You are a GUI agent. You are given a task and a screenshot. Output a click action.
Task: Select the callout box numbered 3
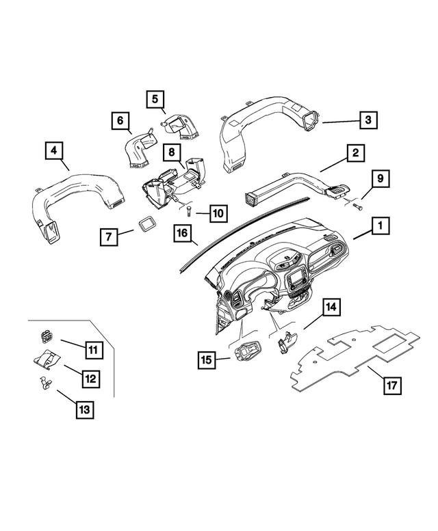pyautogui.click(x=368, y=120)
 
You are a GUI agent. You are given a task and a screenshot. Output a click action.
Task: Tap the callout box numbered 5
pyautogui.click(x=155, y=100)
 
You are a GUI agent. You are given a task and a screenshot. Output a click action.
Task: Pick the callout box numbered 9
pyautogui.click(x=381, y=180)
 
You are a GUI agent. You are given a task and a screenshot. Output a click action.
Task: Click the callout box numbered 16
pyautogui.click(x=182, y=234)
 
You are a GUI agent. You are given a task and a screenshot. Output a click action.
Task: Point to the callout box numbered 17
pyautogui.click(x=391, y=385)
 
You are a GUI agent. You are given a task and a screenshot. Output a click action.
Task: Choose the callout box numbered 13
pyautogui.click(x=83, y=409)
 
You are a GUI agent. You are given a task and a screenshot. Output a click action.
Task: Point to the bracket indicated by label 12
pyautogui.click(x=47, y=358)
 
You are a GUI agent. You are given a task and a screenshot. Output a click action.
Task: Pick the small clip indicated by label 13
pyautogui.click(x=42, y=382)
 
